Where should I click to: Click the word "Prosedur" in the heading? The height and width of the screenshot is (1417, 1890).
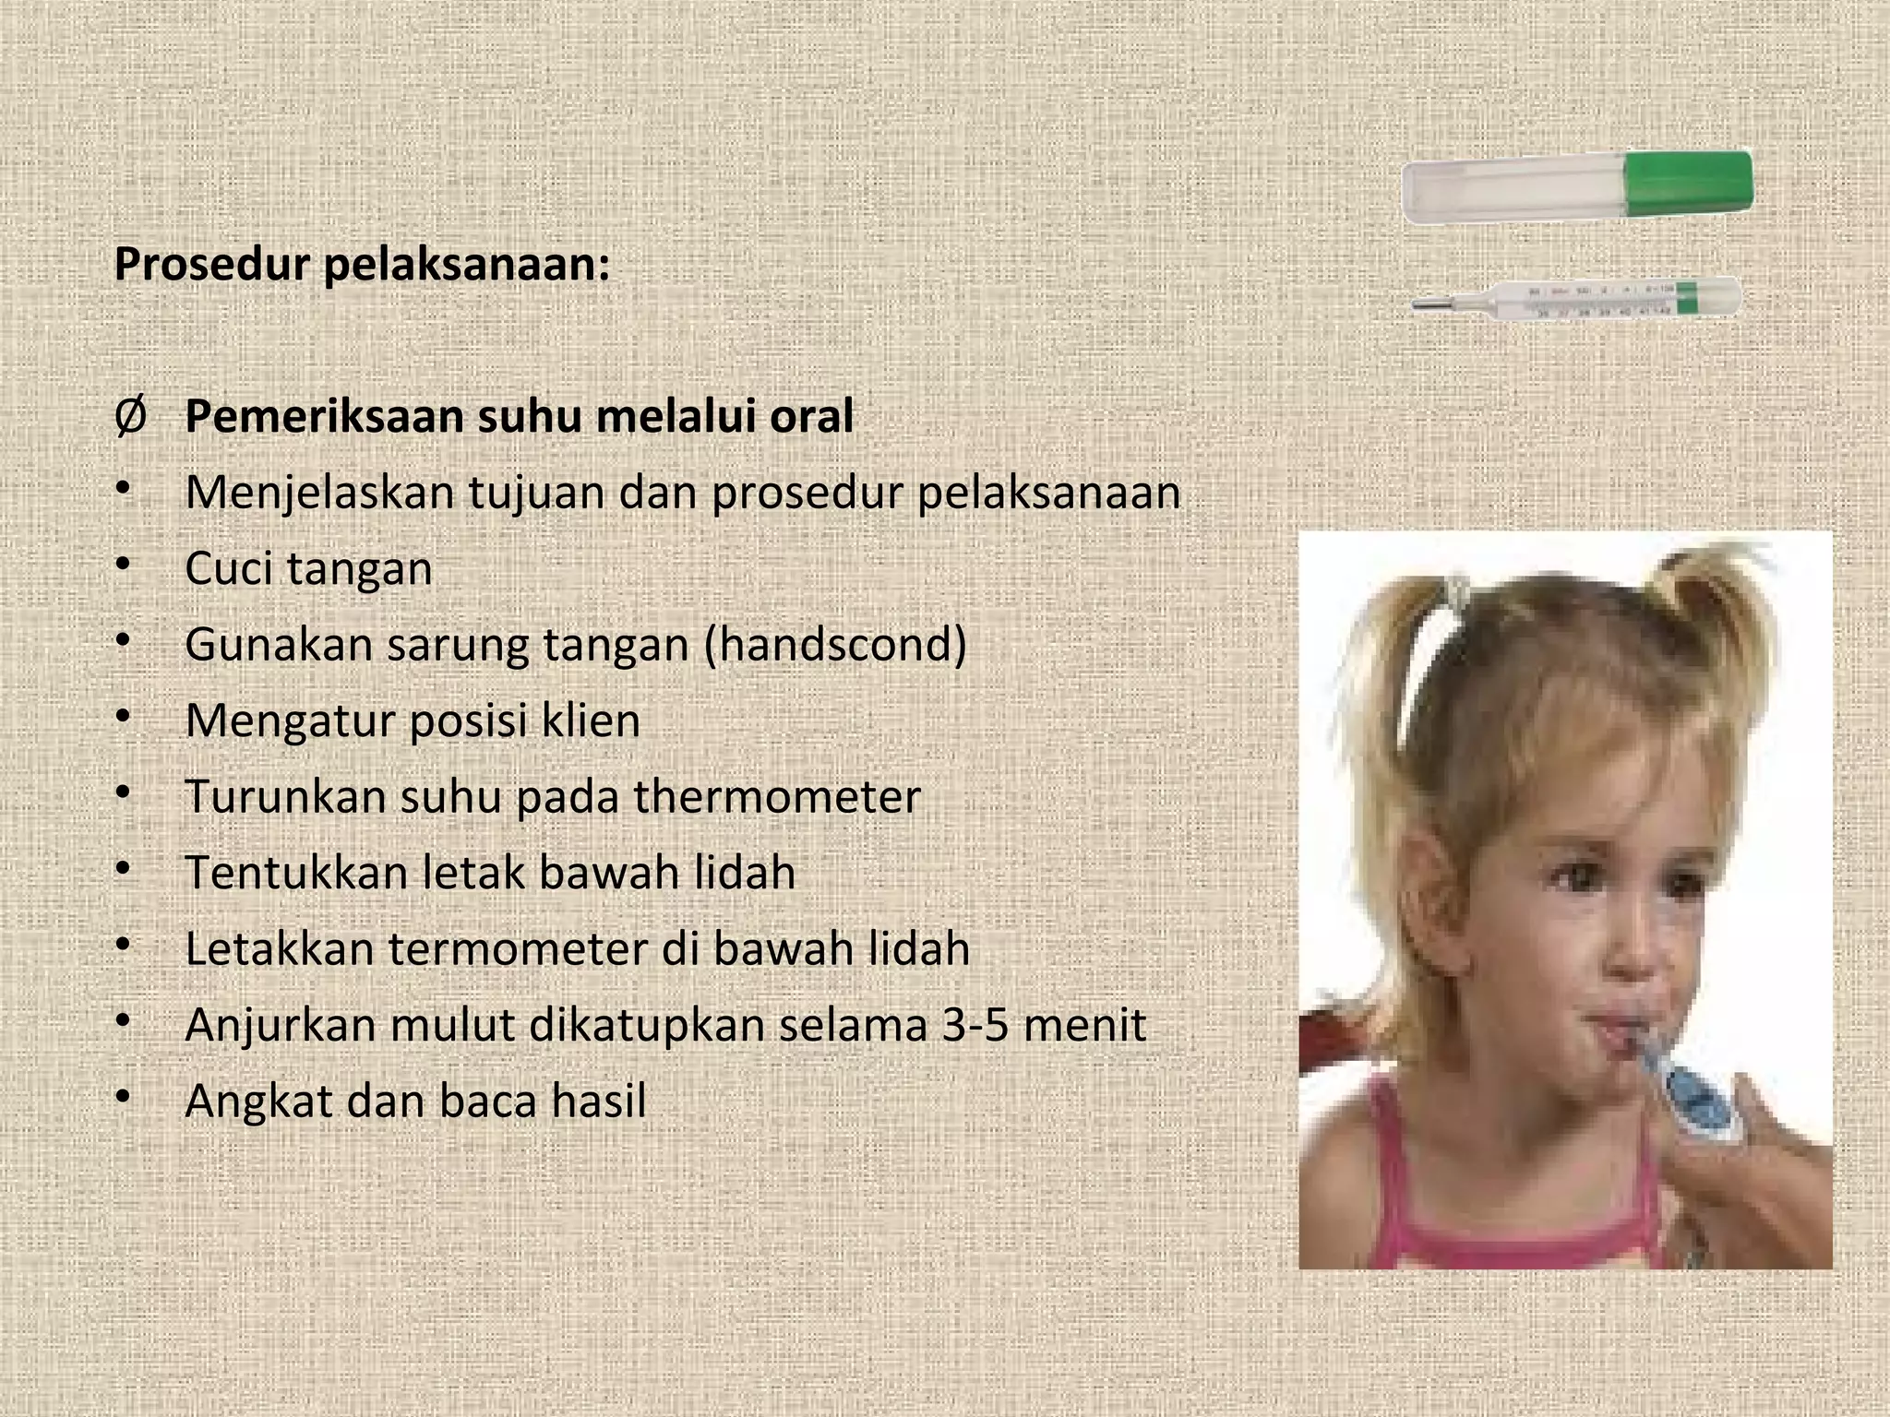(x=211, y=265)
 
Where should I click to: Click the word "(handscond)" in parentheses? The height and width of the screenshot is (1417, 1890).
(x=835, y=645)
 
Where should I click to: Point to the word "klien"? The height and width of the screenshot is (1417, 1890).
(x=591, y=720)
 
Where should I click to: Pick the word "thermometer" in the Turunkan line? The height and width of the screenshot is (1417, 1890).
(x=777, y=797)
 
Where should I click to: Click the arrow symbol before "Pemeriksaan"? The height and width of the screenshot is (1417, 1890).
(x=130, y=417)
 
